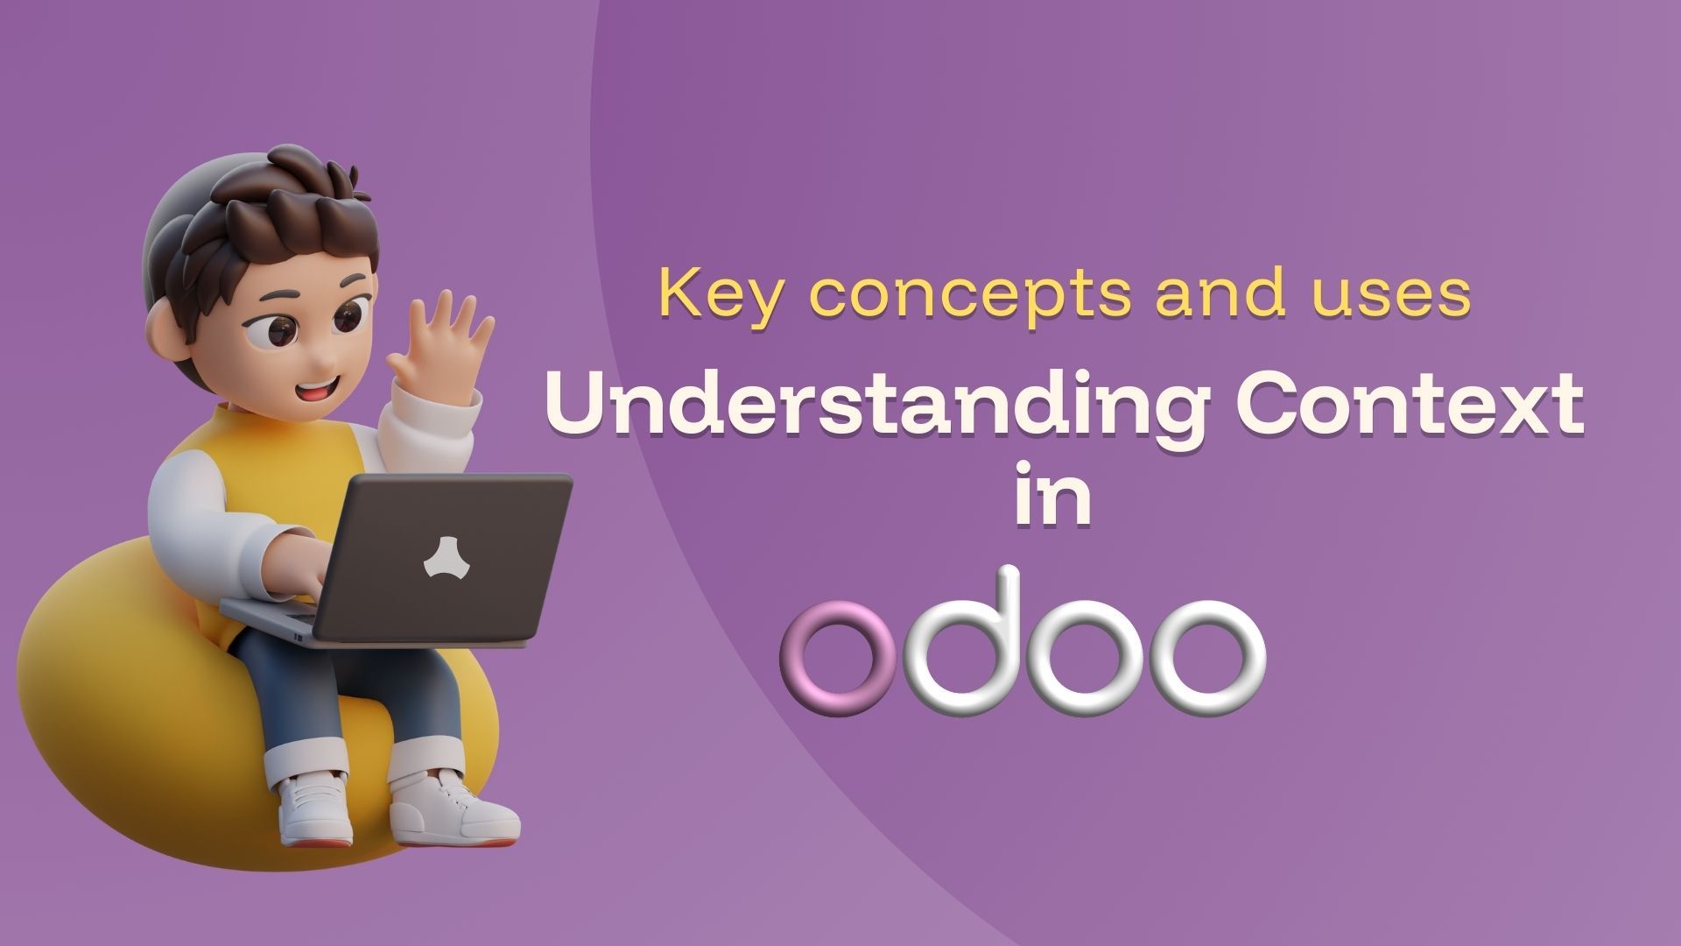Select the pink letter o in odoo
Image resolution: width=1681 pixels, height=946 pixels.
pos(838,658)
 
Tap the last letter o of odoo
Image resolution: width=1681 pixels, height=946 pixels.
pos(1206,656)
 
